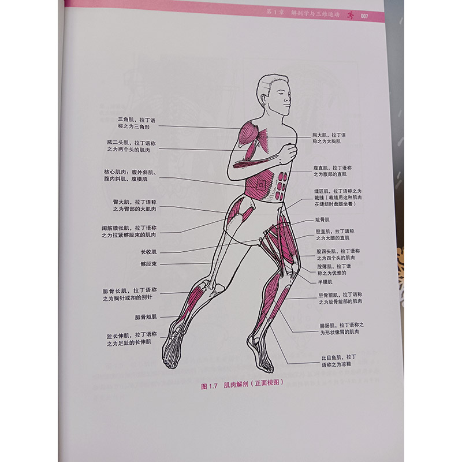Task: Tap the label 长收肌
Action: click(x=148, y=252)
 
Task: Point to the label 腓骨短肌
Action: click(x=146, y=317)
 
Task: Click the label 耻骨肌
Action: click(x=323, y=220)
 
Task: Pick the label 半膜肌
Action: click(x=322, y=282)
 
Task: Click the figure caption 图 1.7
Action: click(x=208, y=387)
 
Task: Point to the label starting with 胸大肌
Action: click(x=329, y=137)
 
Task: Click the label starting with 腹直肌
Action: click(x=333, y=171)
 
